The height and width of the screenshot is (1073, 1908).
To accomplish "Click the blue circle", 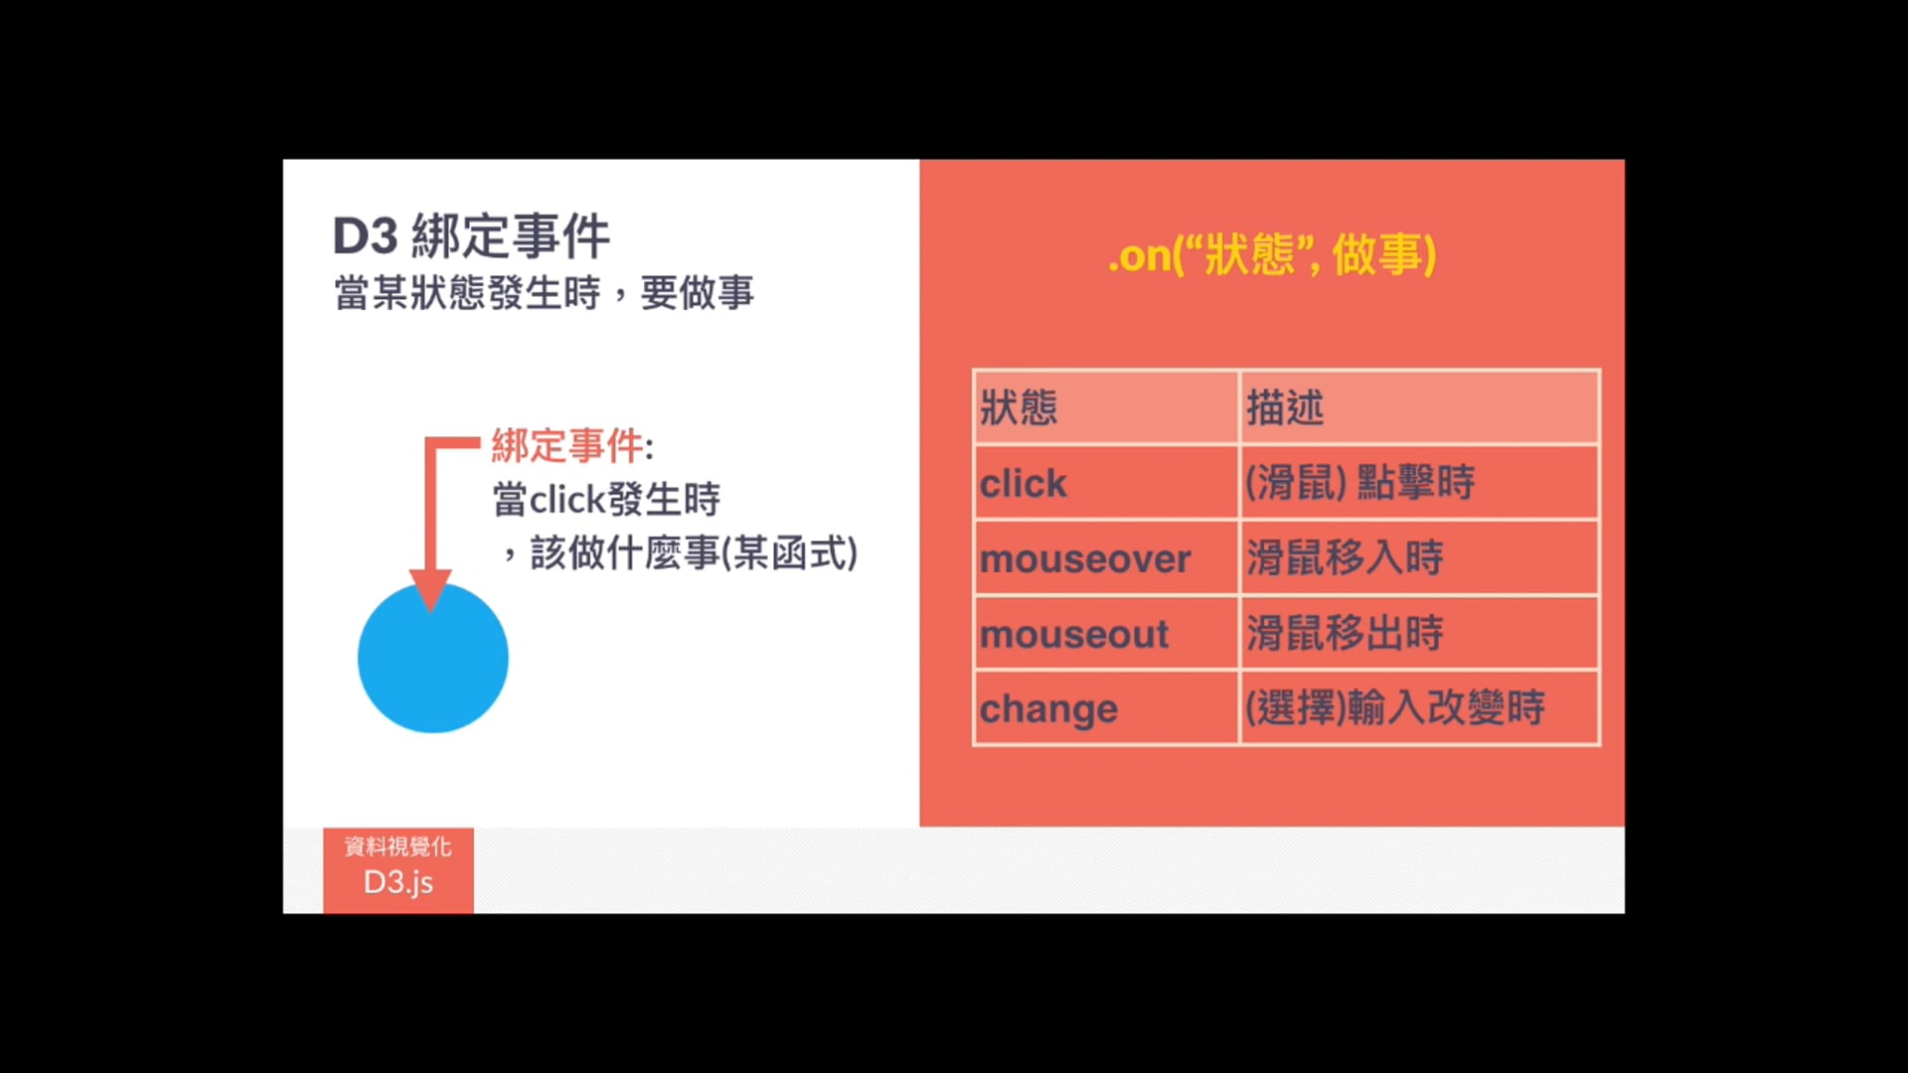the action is [432, 658].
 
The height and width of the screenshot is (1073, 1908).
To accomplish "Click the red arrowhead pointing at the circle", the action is [430, 590].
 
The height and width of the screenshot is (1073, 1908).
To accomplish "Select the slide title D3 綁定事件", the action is [471, 236].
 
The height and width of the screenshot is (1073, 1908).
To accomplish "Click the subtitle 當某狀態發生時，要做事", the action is [544, 293].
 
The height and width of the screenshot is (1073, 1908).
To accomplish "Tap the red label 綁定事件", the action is [567, 446].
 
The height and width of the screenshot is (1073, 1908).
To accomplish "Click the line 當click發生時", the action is [606, 499].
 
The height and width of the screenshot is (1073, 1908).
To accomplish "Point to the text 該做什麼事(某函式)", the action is [694, 553].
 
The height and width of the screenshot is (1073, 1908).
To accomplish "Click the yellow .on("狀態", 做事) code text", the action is [1272, 255].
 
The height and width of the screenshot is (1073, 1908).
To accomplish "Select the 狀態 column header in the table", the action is [1019, 407].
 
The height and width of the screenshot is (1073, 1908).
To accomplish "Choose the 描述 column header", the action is [1285, 407].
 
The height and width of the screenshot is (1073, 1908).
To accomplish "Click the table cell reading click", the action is [1023, 484].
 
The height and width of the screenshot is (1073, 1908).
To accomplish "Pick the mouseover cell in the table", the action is [1085, 559].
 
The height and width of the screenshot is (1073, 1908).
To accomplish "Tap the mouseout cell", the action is [1074, 634].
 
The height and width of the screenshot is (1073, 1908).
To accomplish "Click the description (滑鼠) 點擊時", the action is [1360, 483].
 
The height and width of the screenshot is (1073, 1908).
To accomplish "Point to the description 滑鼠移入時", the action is [1345, 557].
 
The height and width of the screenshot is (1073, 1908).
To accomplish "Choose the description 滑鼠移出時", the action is [1345, 633].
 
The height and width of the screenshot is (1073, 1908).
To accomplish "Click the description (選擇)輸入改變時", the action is [1395, 707].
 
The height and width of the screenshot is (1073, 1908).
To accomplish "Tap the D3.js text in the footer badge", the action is [398, 882].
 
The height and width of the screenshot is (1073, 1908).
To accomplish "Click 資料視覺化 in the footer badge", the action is [398, 846].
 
